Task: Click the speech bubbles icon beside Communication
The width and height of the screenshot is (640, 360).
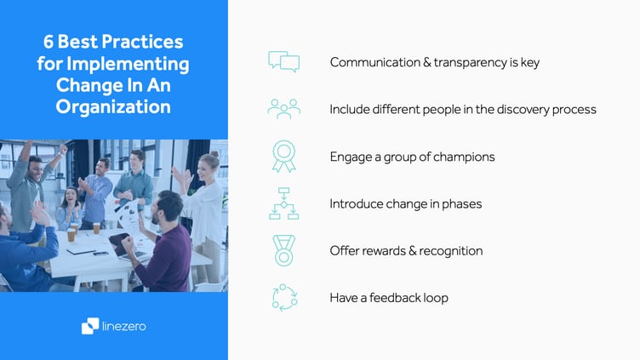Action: pos(283,62)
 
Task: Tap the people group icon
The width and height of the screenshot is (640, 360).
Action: pos(283,109)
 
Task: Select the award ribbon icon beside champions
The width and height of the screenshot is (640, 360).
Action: pos(283,156)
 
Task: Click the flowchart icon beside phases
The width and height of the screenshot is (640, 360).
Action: pos(283,203)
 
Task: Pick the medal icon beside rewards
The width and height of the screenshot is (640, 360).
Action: pos(283,250)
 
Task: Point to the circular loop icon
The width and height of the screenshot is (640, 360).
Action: pos(283,297)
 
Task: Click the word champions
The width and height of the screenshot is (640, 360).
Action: pos(460,157)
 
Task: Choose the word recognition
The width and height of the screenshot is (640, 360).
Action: pos(449,251)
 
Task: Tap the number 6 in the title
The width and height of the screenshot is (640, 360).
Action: pos(50,42)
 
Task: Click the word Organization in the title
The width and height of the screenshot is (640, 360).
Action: pos(113,107)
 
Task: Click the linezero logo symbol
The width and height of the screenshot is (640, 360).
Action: pos(89,325)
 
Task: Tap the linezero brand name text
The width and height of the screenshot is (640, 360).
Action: pos(125,325)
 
